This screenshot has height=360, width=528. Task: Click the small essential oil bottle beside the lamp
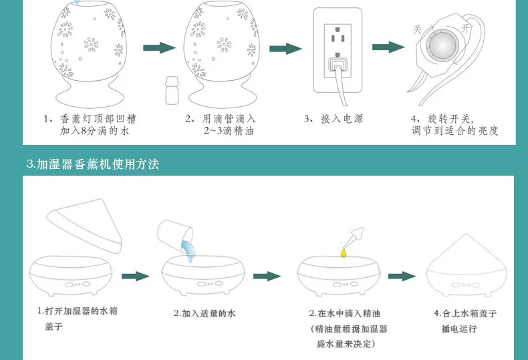172,90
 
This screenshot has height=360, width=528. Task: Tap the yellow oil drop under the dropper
343,252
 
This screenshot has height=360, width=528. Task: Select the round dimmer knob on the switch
442,45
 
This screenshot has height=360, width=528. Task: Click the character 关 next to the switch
418,29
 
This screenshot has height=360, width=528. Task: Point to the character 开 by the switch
466,28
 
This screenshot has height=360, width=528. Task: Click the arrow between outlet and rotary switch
388,47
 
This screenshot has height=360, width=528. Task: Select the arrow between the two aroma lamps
159,48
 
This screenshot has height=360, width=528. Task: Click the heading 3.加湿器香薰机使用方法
93,164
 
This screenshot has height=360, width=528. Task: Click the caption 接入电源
342,119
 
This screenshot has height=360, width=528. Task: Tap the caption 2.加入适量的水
205,313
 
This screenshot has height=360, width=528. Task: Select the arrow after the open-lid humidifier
136,277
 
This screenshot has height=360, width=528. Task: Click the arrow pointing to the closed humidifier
402,277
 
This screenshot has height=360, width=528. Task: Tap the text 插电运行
459,329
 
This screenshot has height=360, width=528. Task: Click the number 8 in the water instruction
84,131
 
